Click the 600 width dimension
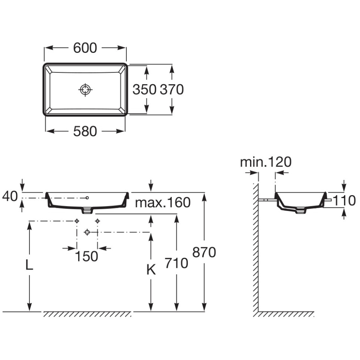click(x=85, y=48)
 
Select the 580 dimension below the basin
click(x=85, y=131)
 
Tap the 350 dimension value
click(x=144, y=90)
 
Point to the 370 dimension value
click(x=172, y=90)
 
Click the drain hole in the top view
click(x=85, y=90)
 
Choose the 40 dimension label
click(x=10, y=196)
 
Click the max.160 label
click(x=163, y=202)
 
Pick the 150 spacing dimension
click(x=86, y=256)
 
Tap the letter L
click(x=29, y=265)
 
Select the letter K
click(x=151, y=270)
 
